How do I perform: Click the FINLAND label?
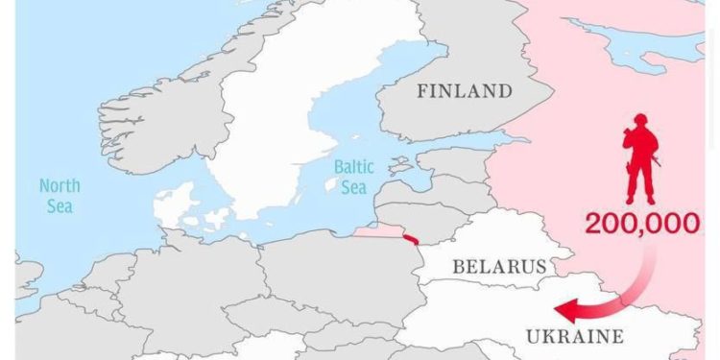pos(464,92)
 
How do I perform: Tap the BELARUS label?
pos(499,266)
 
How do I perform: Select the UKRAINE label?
pos(575,336)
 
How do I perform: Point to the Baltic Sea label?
pos(354,177)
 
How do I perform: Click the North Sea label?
pos(60,195)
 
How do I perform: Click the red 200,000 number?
pos(642,225)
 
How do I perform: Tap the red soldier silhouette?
pos(640,158)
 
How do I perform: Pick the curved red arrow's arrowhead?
pos(566,310)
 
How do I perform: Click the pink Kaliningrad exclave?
pos(379,231)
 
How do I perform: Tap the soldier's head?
pos(640,120)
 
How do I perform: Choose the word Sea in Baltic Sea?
pos(354,186)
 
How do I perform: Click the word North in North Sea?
pos(60,185)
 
